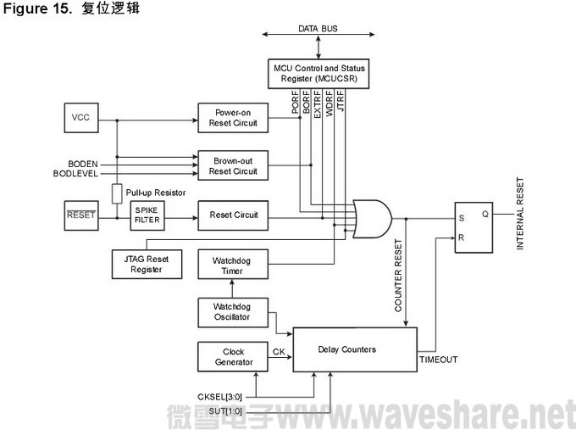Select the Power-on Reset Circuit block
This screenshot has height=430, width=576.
233,117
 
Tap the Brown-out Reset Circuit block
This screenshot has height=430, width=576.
233,165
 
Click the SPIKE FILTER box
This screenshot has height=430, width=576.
147,215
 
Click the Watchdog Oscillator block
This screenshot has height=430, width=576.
233,312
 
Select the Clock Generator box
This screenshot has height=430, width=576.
233,356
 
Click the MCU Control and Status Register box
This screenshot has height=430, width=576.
317,71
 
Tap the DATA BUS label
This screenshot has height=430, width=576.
318,28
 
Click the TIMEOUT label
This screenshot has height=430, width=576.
439,360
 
